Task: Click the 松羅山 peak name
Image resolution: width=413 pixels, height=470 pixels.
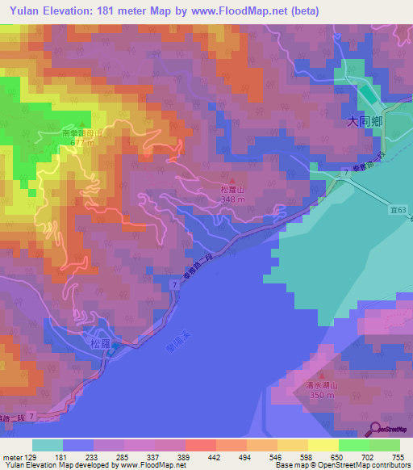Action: [232, 191]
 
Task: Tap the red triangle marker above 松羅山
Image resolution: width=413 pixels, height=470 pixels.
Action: [233, 181]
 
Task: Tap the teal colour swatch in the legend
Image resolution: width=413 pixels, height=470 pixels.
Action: [48, 445]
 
